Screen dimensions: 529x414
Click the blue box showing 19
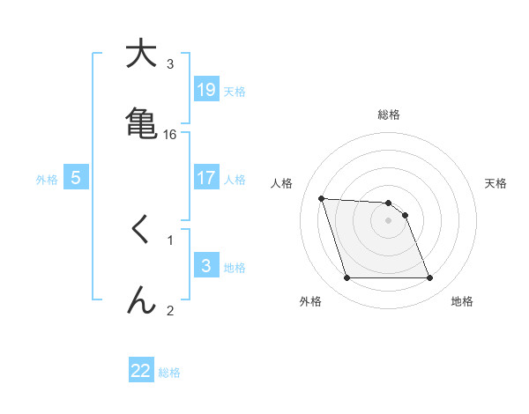pyautogui.click(x=205, y=89)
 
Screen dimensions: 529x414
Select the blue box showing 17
pyautogui.click(x=205, y=178)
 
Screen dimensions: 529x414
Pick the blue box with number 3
pyautogui.click(x=205, y=266)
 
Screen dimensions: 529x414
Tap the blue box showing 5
pyautogui.click(x=76, y=178)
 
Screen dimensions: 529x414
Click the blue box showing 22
pyautogui.click(x=141, y=371)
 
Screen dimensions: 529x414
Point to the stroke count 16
pyautogui.click(x=170, y=134)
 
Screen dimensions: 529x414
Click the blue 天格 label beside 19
pyautogui.click(x=235, y=91)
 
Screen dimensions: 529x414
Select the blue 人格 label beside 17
pyautogui.click(x=235, y=179)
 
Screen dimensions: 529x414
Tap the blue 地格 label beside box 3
pyautogui.click(x=235, y=267)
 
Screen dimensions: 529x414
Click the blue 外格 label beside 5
pyautogui.click(x=47, y=179)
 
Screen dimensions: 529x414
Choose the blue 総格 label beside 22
pyautogui.click(x=169, y=373)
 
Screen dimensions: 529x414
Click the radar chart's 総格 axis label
pyautogui.click(x=389, y=115)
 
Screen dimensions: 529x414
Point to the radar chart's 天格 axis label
pyautogui.click(x=496, y=183)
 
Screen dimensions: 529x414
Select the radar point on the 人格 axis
pyautogui.click(x=322, y=198)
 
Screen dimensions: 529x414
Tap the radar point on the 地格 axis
pyautogui.click(x=429, y=278)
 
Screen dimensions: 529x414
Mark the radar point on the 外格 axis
pyautogui.click(x=346, y=278)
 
